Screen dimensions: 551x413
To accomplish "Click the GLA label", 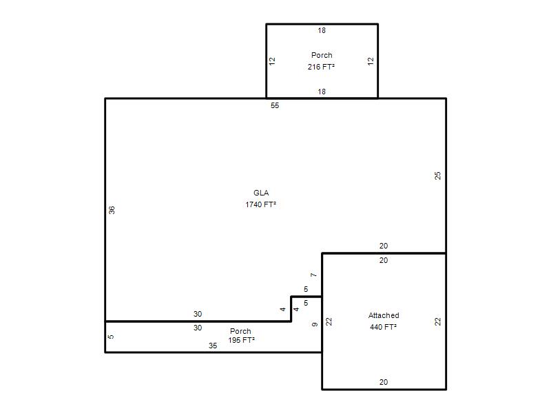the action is coord(261,193).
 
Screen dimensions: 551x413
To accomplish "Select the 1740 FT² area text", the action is coord(261,204).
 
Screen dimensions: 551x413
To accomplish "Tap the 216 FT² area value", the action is coord(321,67).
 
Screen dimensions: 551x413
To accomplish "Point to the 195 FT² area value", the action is coord(242,340).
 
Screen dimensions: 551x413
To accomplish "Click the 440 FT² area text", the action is coord(384,327).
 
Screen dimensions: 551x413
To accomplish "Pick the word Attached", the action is coord(384,315).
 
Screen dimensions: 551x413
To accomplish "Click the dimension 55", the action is coord(275,105).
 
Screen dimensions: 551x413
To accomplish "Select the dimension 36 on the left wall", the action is coord(112,210).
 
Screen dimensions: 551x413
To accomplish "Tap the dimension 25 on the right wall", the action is coord(437,176).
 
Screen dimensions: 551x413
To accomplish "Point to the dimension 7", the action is coord(314,275).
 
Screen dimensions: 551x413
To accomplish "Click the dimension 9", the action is coord(315,324).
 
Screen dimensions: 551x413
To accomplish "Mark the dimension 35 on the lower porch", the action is coord(213,346).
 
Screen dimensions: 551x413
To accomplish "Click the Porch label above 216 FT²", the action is coord(322,55).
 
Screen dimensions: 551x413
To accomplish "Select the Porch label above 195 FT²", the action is coord(240,331).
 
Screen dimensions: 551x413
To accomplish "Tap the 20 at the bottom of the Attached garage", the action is coord(384,382).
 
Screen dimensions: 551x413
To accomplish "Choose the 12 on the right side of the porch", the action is coord(371,61).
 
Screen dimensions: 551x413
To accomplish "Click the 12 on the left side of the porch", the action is coord(272,61).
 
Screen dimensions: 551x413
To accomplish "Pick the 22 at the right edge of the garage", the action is coord(437,321).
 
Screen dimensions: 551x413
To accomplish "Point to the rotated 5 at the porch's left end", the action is coord(110,337).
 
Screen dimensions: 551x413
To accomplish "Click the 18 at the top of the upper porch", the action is coord(322,30).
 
